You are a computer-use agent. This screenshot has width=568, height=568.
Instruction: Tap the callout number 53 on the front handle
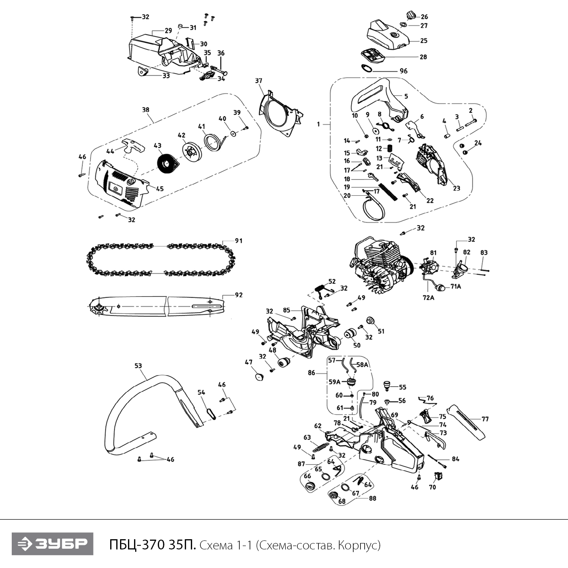point(138,366)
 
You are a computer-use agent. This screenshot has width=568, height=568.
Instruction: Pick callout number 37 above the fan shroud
point(258,81)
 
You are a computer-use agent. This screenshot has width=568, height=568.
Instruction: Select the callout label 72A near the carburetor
point(428,298)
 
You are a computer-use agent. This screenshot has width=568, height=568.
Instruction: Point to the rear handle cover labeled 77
point(467,421)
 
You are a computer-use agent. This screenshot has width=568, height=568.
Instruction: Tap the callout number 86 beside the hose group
point(311,373)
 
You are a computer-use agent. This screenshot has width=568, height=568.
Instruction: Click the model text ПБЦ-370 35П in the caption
point(152,545)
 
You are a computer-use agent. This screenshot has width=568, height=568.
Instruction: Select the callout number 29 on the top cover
point(168,31)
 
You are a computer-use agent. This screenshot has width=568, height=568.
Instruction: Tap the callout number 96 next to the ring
point(404,71)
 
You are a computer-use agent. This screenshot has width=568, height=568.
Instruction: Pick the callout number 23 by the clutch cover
point(456,188)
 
